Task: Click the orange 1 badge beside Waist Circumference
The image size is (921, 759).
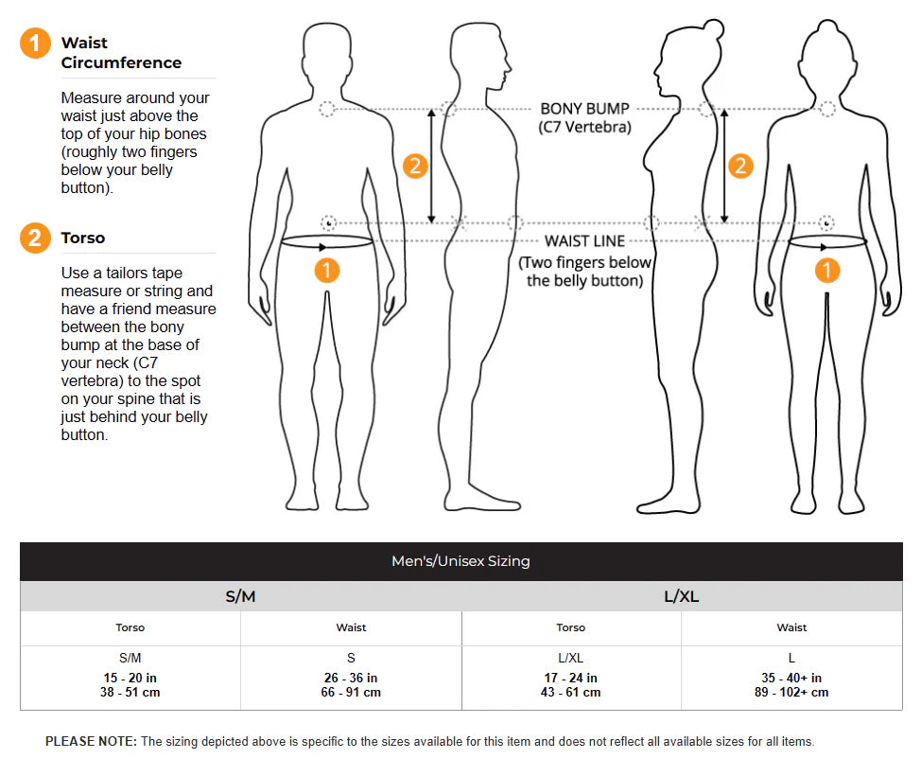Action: pyautogui.click(x=35, y=44)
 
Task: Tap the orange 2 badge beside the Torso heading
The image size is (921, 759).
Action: pyautogui.click(x=35, y=238)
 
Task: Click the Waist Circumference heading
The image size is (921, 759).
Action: pyautogui.click(x=121, y=53)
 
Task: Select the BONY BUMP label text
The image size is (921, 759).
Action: pyautogui.click(x=584, y=109)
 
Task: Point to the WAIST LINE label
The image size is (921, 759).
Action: pyautogui.click(x=584, y=241)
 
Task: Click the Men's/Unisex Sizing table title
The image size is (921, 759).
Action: pyautogui.click(x=460, y=561)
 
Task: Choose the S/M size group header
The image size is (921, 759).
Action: pyautogui.click(x=240, y=596)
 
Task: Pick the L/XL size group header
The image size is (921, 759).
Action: pyautogui.click(x=681, y=596)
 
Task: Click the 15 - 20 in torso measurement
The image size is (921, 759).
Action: pyautogui.click(x=130, y=678)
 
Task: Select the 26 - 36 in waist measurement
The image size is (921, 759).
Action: pyautogui.click(x=351, y=678)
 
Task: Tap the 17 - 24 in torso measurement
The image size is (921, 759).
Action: pyautogui.click(x=571, y=678)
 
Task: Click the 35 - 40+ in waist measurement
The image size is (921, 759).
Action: pyautogui.click(x=791, y=678)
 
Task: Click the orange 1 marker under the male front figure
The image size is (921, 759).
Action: pyautogui.click(x=326, y=271)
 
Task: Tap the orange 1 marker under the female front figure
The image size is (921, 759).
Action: pyautogui.click(x=827, y=271)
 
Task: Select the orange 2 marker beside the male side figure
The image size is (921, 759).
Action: pyautogui.click(x=415, y=167)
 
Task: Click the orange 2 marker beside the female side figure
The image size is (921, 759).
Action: pyautogui.click(x=740, y=167)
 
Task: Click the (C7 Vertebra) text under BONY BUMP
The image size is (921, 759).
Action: pyautogui.click(x=584, y=127)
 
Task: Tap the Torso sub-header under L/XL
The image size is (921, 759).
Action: pyautogui.click(x=571, y=627)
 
